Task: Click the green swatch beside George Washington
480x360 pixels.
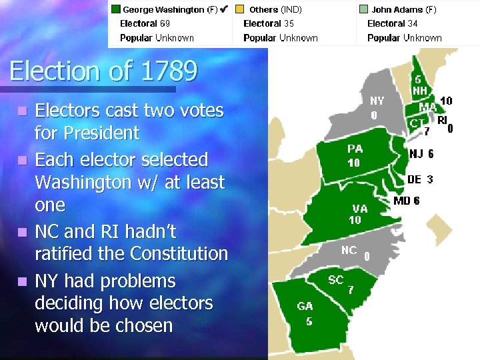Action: point(115,10)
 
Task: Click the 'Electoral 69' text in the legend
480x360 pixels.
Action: point(145,24)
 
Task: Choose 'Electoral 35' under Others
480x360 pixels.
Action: point(269,24)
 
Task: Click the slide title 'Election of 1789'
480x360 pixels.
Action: point(103,71)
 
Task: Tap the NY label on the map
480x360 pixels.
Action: point(377,101)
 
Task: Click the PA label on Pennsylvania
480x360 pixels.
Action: point(355,149)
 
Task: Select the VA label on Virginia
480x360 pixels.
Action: point(359,209)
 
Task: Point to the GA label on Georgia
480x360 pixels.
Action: point(305,307)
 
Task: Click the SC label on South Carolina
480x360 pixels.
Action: point(336,279)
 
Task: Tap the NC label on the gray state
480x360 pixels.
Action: point(349,251)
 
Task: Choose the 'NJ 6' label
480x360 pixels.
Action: point(421,154)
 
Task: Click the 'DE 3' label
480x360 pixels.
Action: point(420,179)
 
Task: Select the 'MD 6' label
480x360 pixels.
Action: point(407,201)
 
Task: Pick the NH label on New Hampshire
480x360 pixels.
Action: point(419,90)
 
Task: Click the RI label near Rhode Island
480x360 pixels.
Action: point(442,120)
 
